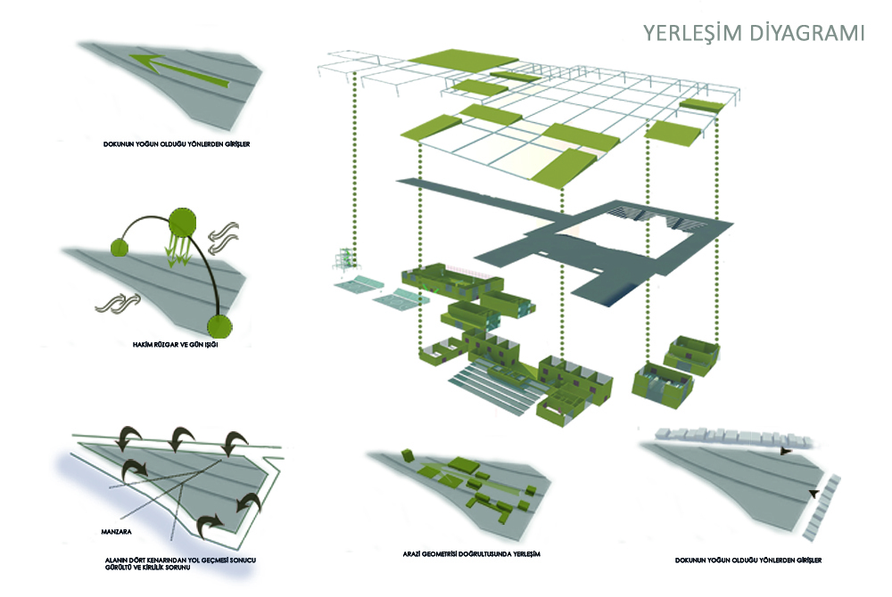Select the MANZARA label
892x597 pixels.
point(120,533)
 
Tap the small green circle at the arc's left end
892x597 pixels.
point(120,247)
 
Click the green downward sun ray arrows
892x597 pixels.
point(179,249)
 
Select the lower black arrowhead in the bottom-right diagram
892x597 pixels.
point(813,493)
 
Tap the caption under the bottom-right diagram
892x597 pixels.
point(747,560)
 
